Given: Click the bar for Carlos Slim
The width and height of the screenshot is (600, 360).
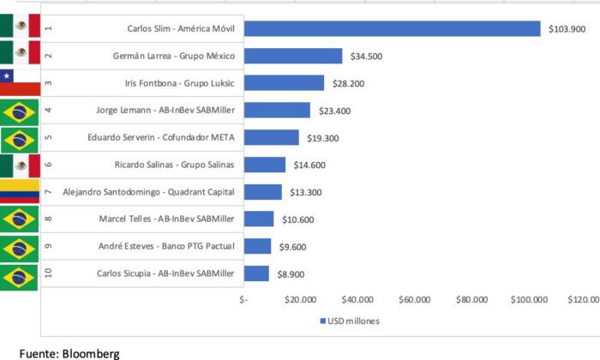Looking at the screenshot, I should point(393,29).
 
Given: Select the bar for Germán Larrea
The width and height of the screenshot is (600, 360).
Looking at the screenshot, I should point(293,56).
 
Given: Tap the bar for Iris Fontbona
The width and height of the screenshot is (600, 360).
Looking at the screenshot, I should point(285,83).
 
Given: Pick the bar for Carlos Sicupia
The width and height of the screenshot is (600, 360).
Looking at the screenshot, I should point(257,273).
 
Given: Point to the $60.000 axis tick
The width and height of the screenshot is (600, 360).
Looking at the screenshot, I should point(414,300).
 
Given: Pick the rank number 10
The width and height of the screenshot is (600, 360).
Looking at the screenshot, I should point(48,273).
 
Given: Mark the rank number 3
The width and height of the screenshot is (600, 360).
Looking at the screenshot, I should point(48,83).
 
